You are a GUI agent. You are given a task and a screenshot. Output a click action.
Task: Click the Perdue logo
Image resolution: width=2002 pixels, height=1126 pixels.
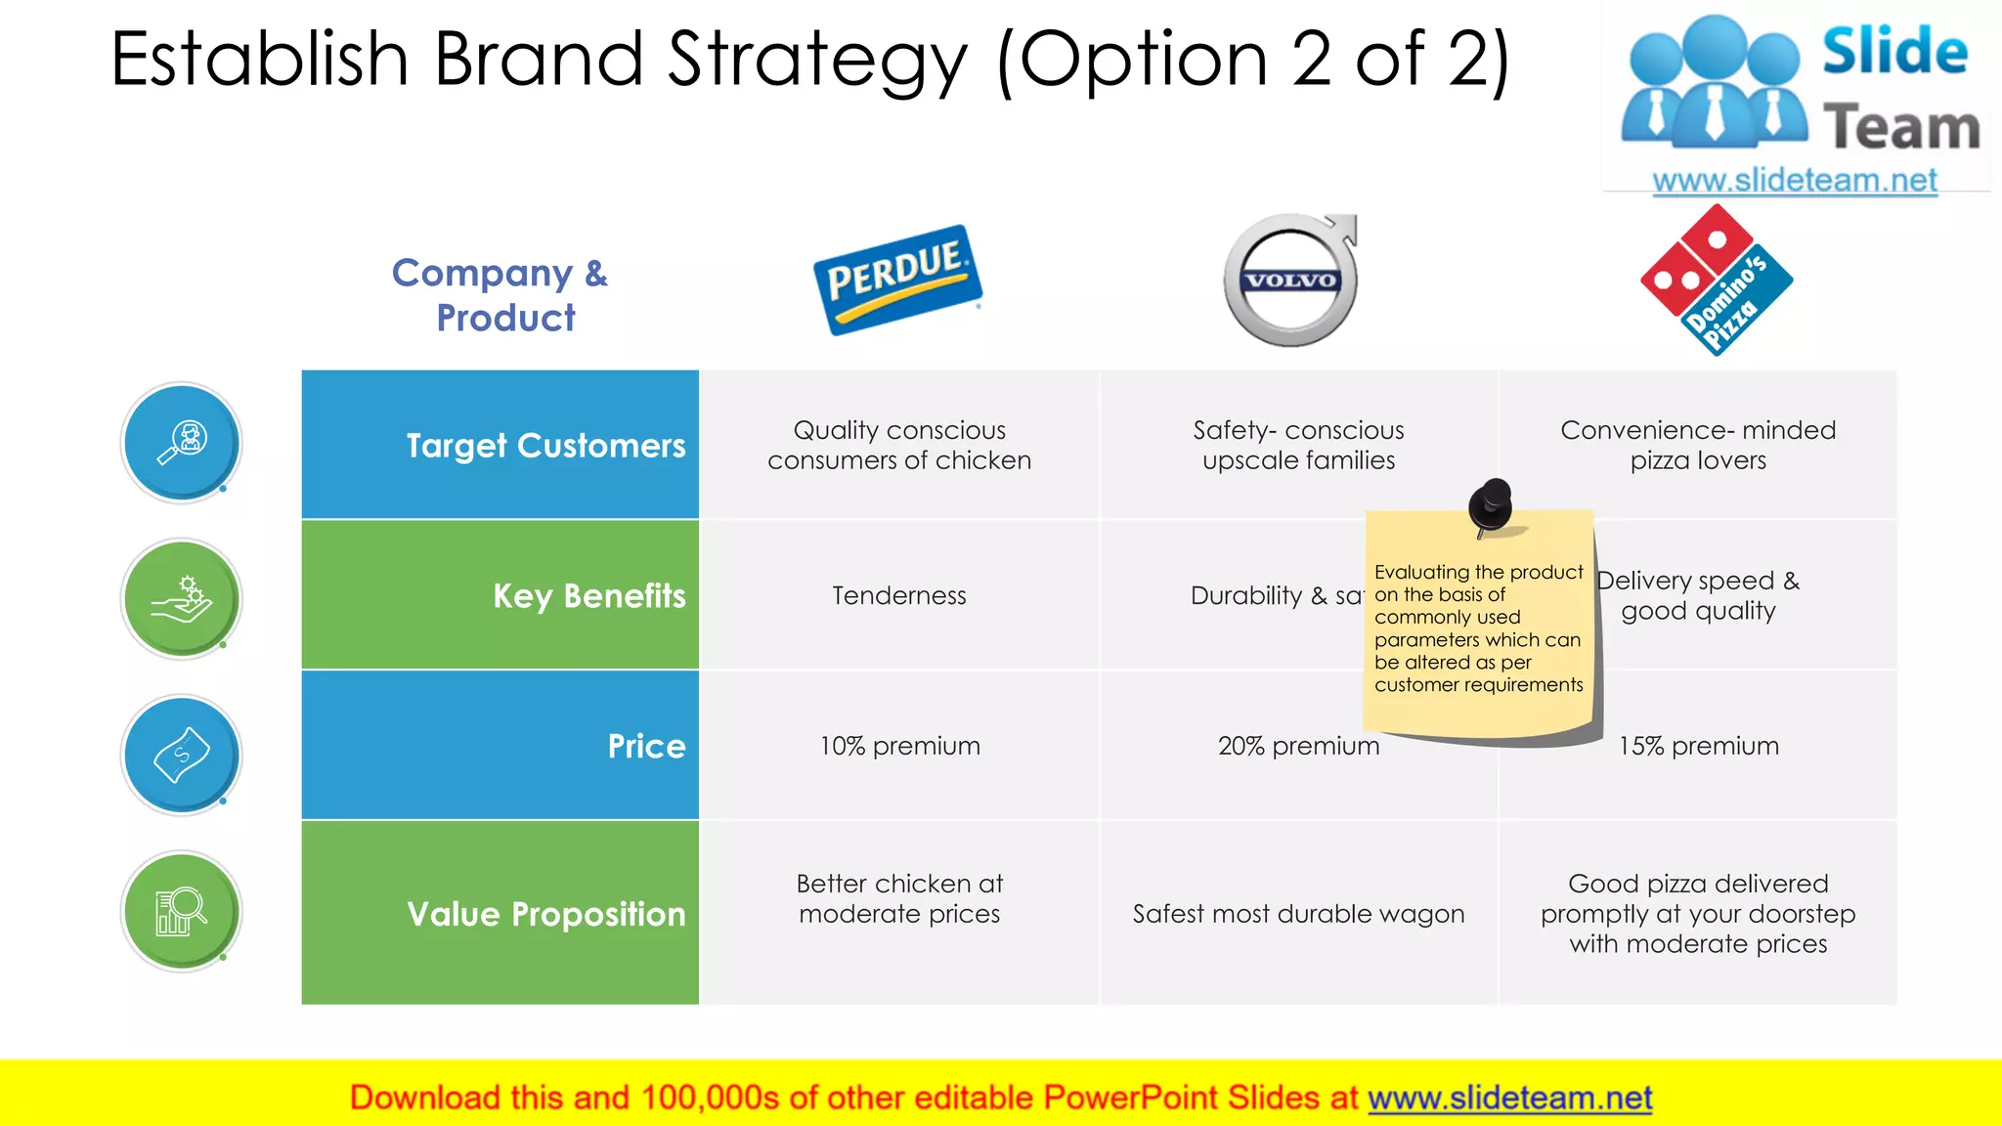tap(897, 281)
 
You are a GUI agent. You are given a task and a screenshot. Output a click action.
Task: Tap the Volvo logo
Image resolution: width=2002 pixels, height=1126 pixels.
tap(1291, 281)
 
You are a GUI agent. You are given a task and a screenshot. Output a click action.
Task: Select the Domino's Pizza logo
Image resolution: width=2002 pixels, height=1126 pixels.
tap(1717, 281)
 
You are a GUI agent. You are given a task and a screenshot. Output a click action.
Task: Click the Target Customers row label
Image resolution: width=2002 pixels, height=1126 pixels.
tap(545, 446)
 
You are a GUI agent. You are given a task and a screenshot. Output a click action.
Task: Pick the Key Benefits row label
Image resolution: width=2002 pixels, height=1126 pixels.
tap(588, 595)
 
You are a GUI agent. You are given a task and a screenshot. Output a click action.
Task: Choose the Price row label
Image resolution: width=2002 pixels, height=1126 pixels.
tap(646, 746)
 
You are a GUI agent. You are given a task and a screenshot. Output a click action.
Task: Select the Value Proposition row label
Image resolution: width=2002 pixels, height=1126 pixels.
tap(545, 914)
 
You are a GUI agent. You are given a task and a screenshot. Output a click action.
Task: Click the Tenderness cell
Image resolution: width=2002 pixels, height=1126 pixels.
tap(898, 595)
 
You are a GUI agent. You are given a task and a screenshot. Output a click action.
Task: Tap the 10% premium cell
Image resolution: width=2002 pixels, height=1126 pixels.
tap(899, 746)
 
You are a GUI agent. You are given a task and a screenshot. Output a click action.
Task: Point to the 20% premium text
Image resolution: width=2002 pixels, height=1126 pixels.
tap(1297, 746)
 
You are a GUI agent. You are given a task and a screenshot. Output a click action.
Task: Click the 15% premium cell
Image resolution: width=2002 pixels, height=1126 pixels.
tap(1698, 746)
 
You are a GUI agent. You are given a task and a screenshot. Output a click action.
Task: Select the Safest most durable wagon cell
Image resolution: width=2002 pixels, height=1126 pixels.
tap(1298, 914)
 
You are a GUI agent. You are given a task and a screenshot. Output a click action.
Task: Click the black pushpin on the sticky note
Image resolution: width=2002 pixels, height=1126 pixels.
tap(1491, 504)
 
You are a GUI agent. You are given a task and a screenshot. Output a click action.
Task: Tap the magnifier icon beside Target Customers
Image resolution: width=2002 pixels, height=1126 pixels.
tap(182, 443)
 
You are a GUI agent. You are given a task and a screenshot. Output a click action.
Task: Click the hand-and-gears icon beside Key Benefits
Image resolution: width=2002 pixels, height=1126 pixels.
tap(182, 599)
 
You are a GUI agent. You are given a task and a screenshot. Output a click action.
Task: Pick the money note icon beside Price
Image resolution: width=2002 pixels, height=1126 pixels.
tap(182, 756)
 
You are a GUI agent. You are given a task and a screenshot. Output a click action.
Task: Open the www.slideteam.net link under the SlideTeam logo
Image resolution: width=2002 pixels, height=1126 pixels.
tap(1794, 180)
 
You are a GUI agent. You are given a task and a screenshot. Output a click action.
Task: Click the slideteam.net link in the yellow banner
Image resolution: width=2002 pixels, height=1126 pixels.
tap(1509, 1098)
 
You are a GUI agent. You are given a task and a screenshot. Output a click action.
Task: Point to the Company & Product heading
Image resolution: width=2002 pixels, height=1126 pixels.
tap(500, 294)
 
